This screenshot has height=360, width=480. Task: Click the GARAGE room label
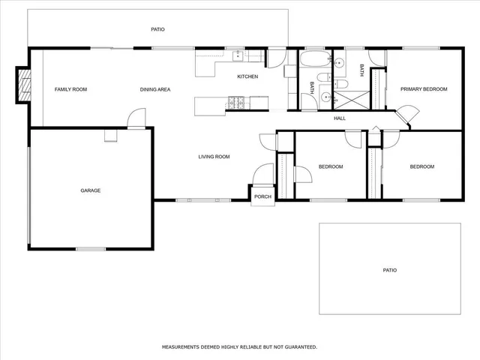[91, 190]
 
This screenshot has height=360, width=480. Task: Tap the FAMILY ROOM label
[70, 89]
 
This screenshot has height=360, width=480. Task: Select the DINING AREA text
[155, 89]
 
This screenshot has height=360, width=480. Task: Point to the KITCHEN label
[247, 77]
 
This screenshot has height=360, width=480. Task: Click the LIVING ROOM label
[214, 157]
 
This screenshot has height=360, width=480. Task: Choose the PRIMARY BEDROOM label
[423, 89]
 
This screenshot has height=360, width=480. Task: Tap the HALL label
[340, 118]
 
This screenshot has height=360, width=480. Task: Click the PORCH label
[262, 196]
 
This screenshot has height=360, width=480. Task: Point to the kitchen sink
[238, 55]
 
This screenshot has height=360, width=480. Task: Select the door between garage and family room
[136, 118]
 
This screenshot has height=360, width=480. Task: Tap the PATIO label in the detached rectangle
[390, 270]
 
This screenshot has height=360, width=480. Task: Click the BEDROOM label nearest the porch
[330, 166]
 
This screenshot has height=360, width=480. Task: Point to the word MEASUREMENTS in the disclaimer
[182, 347]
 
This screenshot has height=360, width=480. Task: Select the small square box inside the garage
[111, 135]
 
